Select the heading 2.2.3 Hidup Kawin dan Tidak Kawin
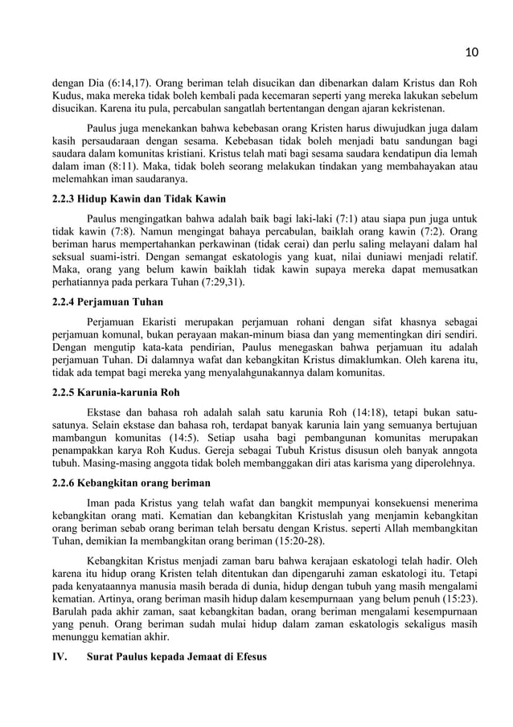(x=133, y=198)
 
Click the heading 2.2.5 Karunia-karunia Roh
(x=110, y=393)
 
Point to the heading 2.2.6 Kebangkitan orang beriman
(x=126, y=483)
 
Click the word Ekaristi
(x=160, y=321)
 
